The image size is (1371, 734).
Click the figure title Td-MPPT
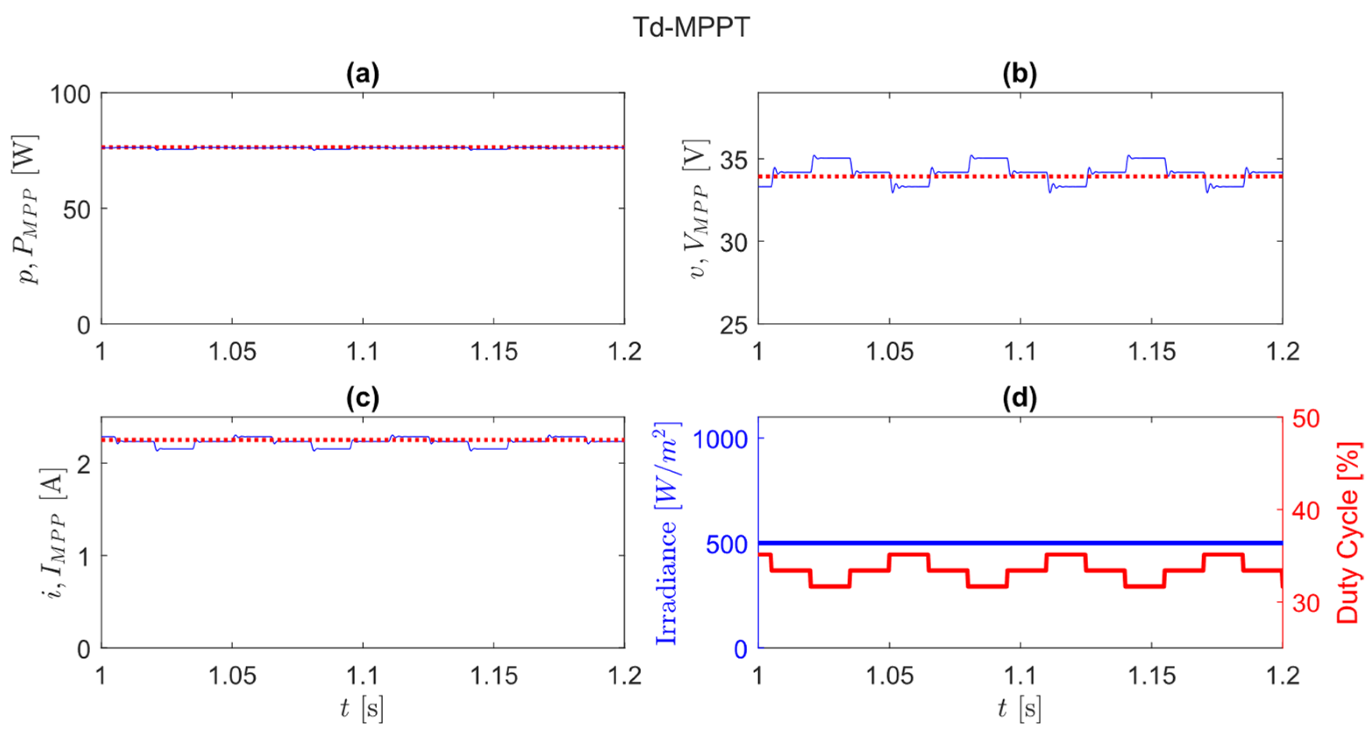691,27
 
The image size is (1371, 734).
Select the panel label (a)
362,75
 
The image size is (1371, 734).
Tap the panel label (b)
1020,75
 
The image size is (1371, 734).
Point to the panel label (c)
362,399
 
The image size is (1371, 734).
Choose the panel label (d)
1020,399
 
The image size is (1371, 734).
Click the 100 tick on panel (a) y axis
70,95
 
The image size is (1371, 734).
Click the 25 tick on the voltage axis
735,325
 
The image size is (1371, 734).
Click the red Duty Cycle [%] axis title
1348,532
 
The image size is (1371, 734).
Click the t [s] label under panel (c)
362,709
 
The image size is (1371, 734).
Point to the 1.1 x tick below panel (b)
1020,352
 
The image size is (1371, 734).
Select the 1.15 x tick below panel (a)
494,352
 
